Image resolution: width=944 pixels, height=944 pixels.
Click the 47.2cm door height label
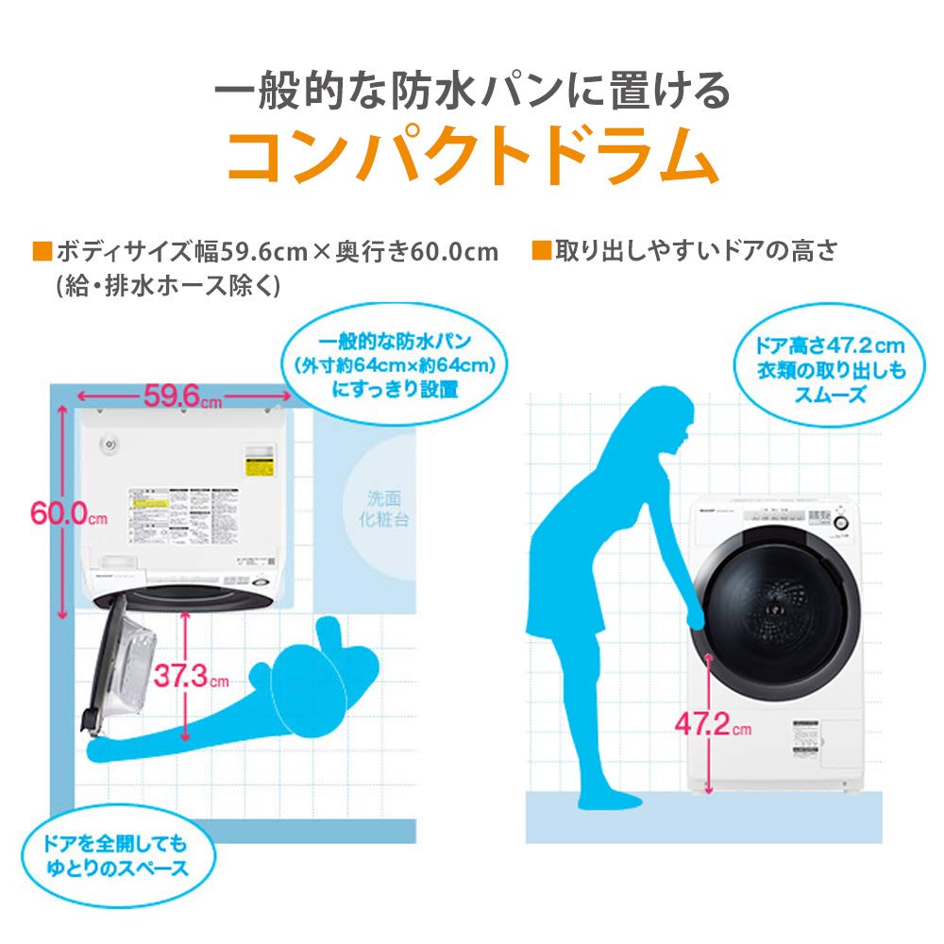[x=714, y=725]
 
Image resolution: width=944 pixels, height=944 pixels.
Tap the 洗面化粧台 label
[x=388, y=509]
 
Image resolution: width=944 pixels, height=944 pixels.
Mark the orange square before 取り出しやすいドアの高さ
[x=540, y=251]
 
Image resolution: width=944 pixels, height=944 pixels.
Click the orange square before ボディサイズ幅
[x=42, y=251]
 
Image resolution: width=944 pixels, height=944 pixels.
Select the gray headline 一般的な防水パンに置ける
[x=472, y=92]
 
